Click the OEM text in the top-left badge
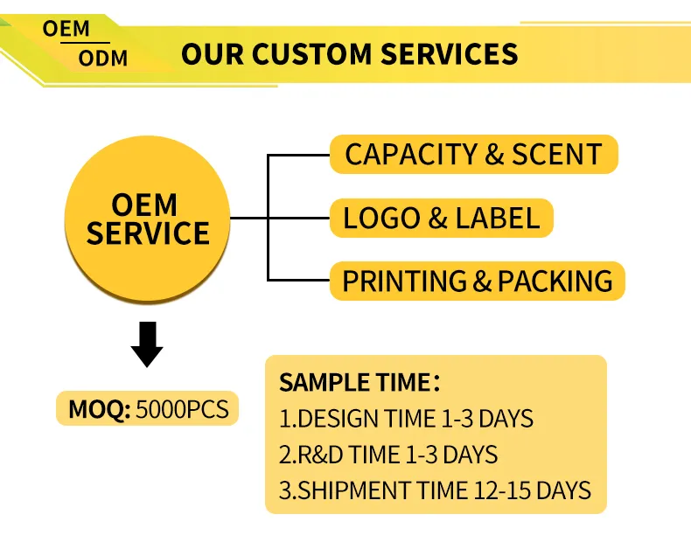click(x=66, y=29)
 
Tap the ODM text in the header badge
click(x=103, y=59)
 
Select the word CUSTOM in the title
click(x=312, y=54)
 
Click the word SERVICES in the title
click(x=449, y=54)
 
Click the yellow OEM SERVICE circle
click(x=147, y=219)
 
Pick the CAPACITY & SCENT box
click(x=474, y=154)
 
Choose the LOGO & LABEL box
click(x=441, y=218)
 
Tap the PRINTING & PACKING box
click(x=478, y=281)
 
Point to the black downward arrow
click(x=147, y=344)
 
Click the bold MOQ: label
click(x=100, y=409)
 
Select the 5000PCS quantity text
click(x=183, y=409)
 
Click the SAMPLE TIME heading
click(x=359, y=382)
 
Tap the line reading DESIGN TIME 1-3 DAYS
click(x=407, y=419)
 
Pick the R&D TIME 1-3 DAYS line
click(x=388, y=455)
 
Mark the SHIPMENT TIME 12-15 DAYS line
click(x=435, y=490)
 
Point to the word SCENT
click(x=556, y=154)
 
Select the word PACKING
click(x=555, y=281)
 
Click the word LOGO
click(x=381, y=218)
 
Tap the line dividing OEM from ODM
click(x=85, y=43)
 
